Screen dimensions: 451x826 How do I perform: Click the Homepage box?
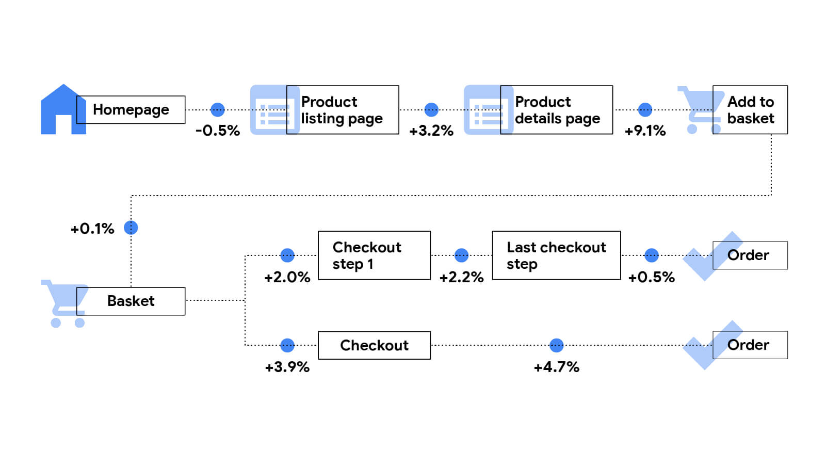[x=131, y=109]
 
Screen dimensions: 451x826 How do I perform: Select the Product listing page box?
[x=343, y=110]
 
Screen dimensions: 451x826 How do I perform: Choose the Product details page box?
[x=556, y=110]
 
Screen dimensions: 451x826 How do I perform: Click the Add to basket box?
[x=750, y=110]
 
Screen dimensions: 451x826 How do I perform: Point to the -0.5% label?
[x=218, y=131]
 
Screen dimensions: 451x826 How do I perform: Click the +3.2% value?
[x=431, y=131]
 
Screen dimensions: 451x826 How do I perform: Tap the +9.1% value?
[x=645, y=131]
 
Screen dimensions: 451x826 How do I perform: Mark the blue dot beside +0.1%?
[x=131, y=228]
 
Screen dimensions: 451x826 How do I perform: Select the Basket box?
[x=131, y=301]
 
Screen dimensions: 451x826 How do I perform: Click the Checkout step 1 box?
[x=374, y=255]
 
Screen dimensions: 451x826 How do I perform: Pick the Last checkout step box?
[x=556, y=255]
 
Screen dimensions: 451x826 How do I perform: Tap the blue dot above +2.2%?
[x=461, y=255]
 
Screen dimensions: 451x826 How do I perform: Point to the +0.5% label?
[x=651, y=277]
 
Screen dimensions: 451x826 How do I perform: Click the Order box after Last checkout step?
[x=750, y=255]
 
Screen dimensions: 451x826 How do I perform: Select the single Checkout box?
[x=374, y=345]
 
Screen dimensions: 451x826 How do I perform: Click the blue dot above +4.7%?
[x=556, y=345]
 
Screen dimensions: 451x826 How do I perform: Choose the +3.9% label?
[x=287, y=367]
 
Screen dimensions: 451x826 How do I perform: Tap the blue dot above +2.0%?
[x=287, y=255]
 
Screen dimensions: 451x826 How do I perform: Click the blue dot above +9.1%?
[x=645, y=109]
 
